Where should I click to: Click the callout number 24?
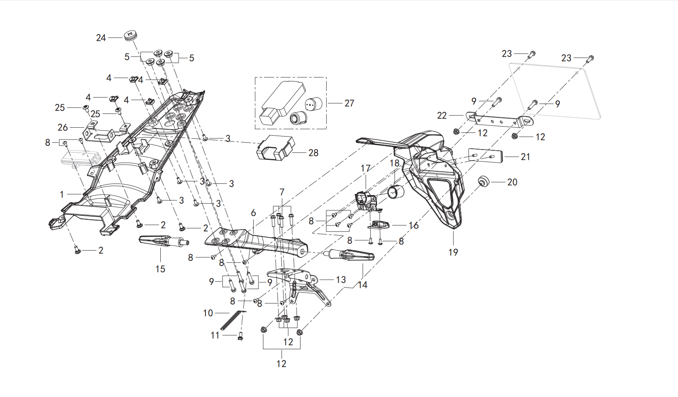click(101, 38)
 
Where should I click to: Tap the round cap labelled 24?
click(131, 35)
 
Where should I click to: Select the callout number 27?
click(349, 104)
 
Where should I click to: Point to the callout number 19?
click(453, 252)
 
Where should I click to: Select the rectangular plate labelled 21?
click(485, 155)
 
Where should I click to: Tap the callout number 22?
click(442, 115)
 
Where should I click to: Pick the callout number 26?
click(63, 128)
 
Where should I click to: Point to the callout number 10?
click(208, 313)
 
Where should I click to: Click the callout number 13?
click(341, 280)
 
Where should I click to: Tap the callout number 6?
click(253, 213)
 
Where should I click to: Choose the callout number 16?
click(414, 226)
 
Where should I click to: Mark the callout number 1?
click(62, 194)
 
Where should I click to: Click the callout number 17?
click(366, 169)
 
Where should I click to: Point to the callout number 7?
click(282, 192)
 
